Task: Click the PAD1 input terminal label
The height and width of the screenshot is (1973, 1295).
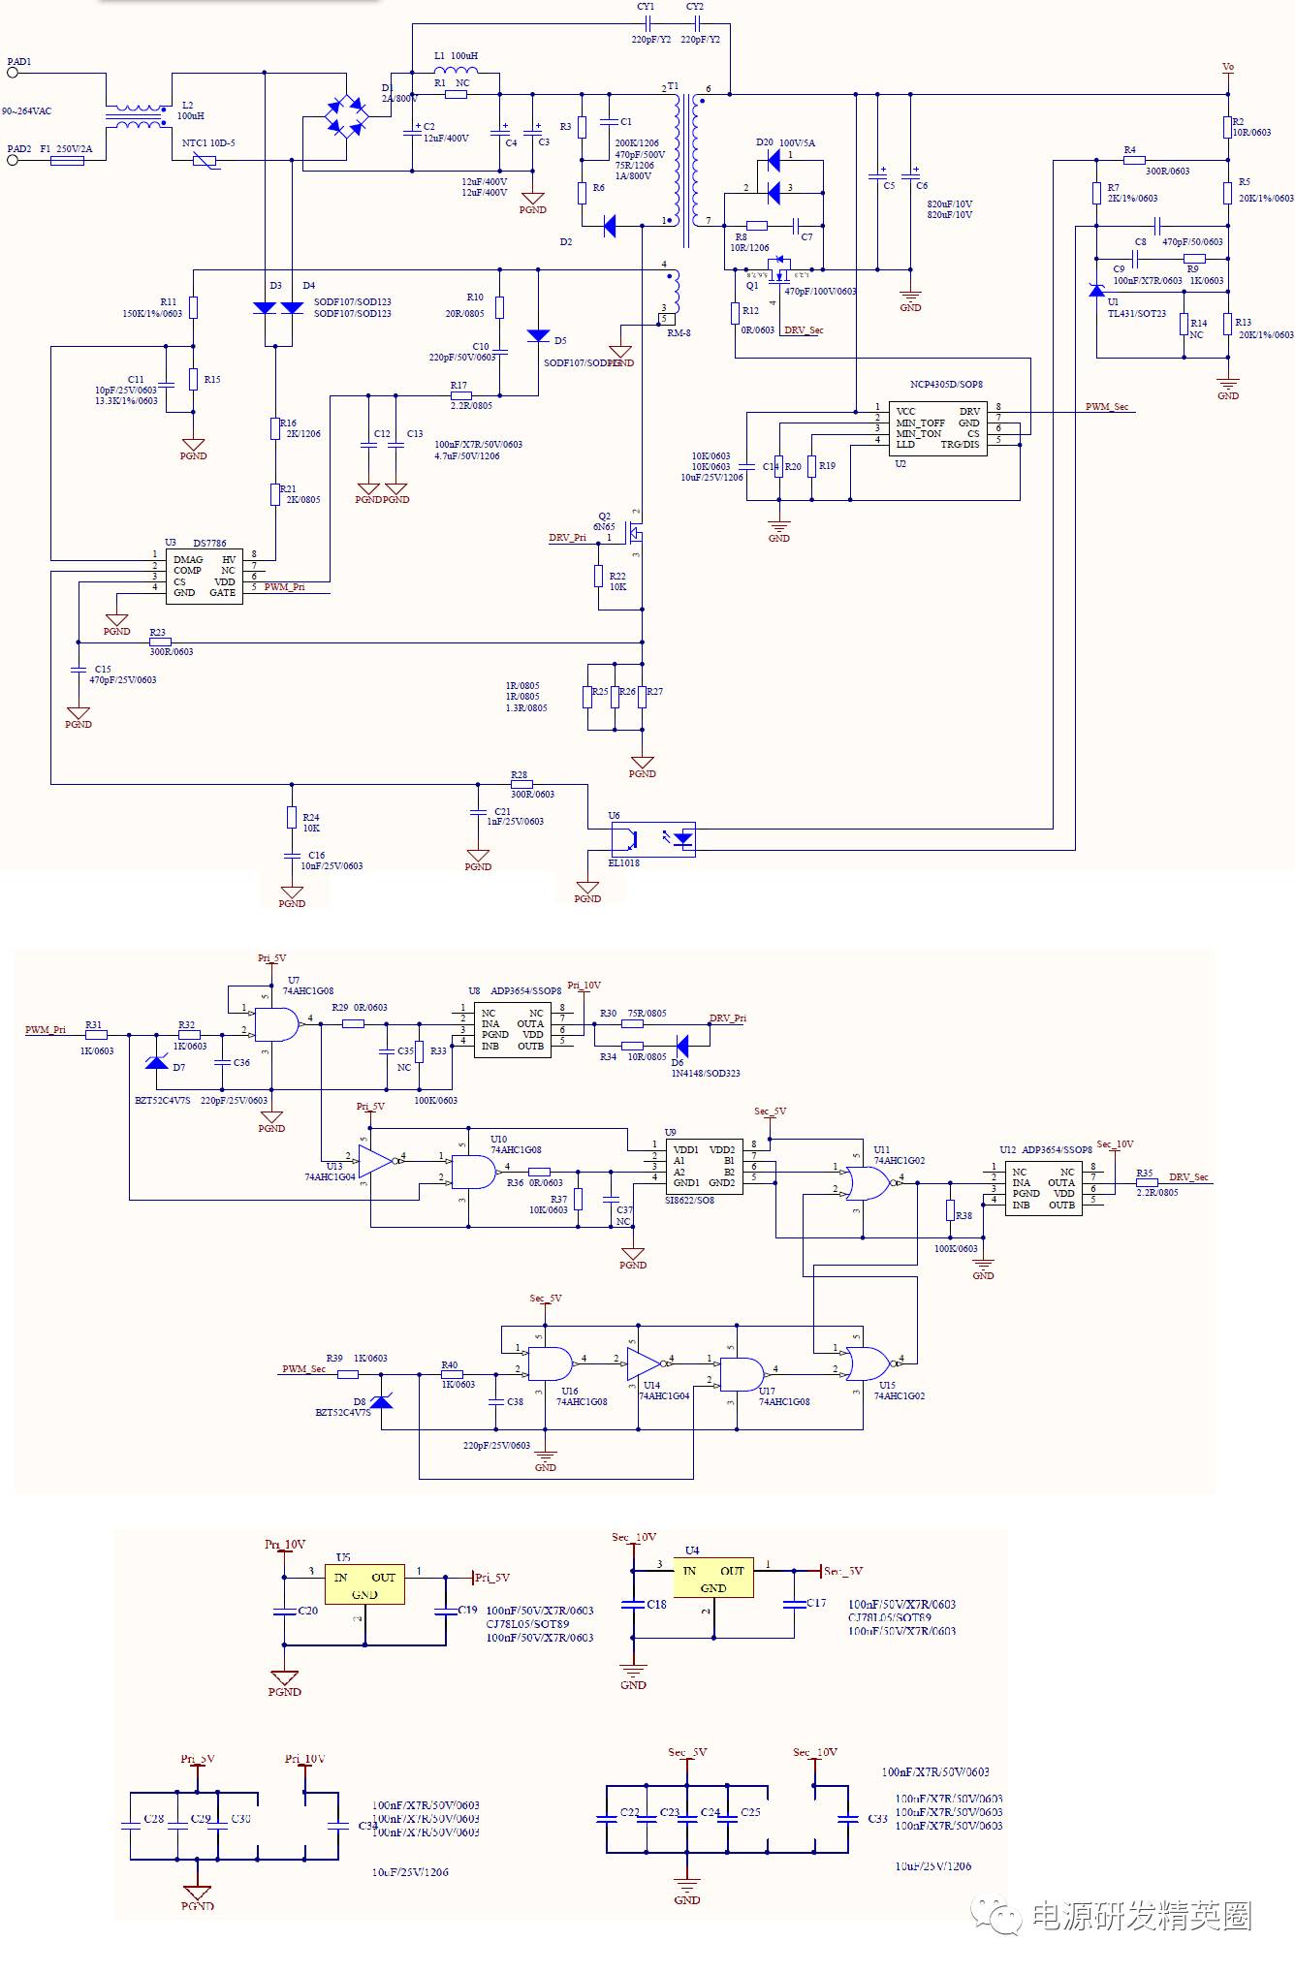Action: pos(19,62)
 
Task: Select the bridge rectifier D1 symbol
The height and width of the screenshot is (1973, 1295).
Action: pos(346,116)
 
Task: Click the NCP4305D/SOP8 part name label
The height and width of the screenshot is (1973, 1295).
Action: pos(946,385)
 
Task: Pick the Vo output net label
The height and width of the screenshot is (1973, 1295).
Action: pos(1228,68)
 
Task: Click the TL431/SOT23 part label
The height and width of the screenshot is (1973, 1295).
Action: pos(1137,314)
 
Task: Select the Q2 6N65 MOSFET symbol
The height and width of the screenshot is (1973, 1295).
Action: pos(633,533)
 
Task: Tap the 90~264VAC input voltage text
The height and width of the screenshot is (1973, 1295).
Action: pos(27,111)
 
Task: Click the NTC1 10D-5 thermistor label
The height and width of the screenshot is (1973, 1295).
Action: pos(208,143)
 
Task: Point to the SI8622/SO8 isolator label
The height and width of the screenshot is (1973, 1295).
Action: pos(689,1201)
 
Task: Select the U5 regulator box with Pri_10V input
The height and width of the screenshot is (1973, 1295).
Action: pos(364,1585)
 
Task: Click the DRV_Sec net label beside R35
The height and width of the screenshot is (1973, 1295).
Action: pos(1188,1177)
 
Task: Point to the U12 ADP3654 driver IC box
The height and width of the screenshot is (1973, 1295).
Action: pos(1043,1189)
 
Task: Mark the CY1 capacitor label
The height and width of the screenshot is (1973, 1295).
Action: pos(646,7)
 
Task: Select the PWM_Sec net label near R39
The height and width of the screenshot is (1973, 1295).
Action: pos(303,1369)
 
